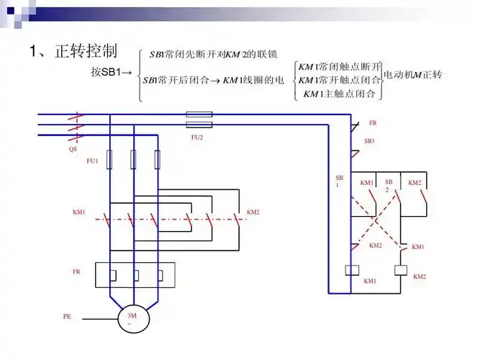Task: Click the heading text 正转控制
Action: (x=89, y=51)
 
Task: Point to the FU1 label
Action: (x=92, y=161)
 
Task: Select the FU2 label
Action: (x=197, y=136)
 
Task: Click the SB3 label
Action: (x=369, y=141)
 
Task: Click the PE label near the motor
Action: (x=67, y=316)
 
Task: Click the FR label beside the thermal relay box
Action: (x=76, y=271)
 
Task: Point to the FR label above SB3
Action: (x=373, y=123)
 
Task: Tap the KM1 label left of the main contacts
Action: (x=79, y=212)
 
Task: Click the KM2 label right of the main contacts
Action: (x=253, y=212)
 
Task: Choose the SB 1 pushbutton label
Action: (x=339, y=181)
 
